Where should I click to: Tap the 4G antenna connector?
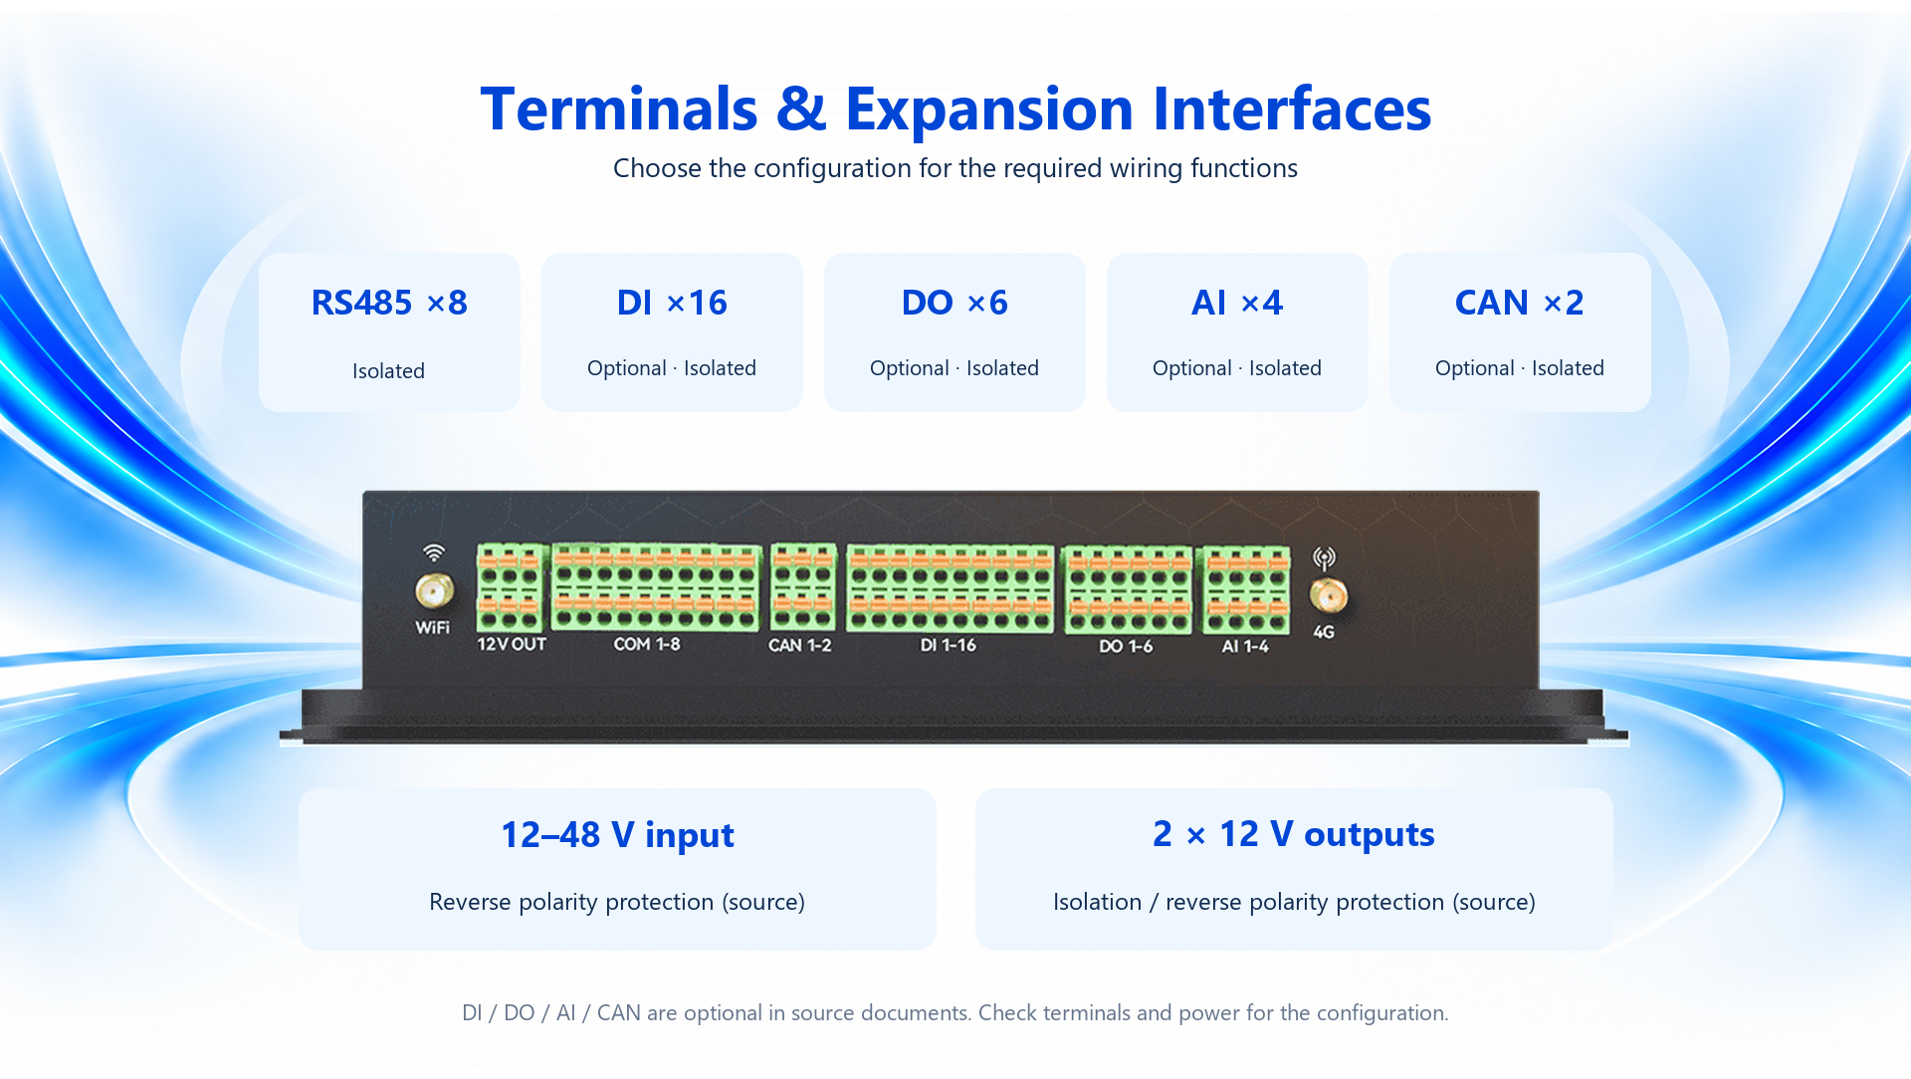point(1329,596)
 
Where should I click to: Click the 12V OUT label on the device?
point(512,644)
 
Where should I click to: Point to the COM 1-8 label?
point(647,644)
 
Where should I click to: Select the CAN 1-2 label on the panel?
point(799,645)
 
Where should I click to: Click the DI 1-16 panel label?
point(949,645)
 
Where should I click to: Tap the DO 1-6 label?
point(1126,646)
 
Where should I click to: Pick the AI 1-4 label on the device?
point(1245,646)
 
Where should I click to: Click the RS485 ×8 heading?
point(389,303)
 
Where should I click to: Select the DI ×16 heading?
point(672,303)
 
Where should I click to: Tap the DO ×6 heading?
point(955,303)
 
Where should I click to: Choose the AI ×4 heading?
point(1237,303)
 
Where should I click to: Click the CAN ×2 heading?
point(1520,303)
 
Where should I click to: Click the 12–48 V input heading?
point(617,835)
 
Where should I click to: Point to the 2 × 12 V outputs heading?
point(1294,834)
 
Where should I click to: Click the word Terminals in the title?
point(619,108)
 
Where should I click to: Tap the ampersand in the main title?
point(801,108)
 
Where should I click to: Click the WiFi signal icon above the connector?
point(434,552)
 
